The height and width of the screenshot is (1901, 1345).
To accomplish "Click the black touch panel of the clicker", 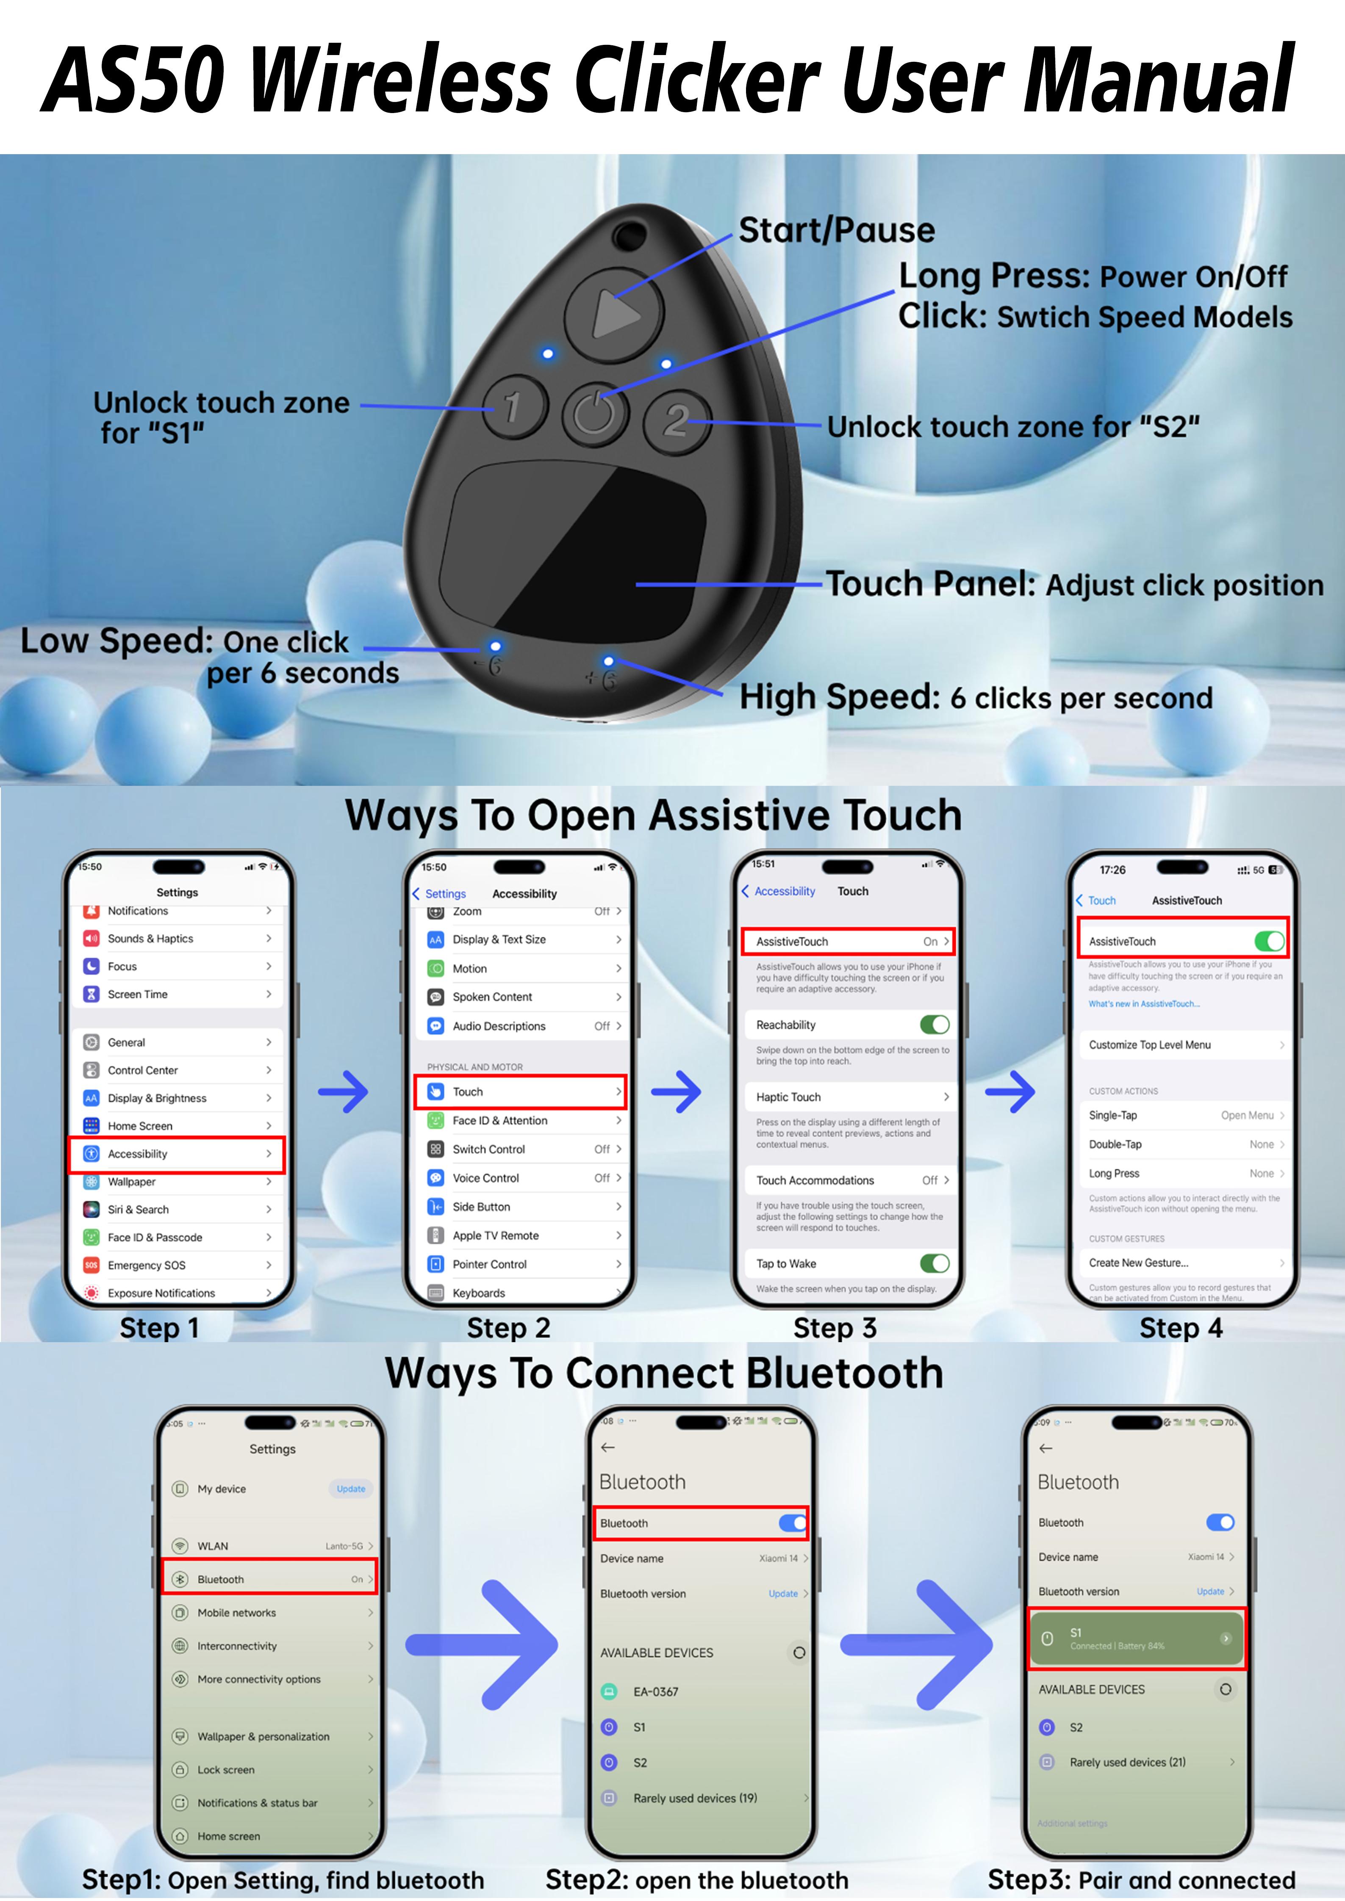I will (571, 547).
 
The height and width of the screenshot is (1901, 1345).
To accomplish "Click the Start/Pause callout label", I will (837, 230).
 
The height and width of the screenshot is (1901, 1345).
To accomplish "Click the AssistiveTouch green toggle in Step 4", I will (1268, 941).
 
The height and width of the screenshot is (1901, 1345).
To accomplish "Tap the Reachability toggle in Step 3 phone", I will (934, 1025).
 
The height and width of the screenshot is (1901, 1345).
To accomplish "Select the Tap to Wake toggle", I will (934, 1263).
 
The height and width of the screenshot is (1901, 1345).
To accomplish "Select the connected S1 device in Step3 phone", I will (1136, 1639).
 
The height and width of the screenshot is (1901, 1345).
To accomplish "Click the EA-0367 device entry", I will (656, 1691).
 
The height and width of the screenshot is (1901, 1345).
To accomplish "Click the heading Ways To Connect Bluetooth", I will (664, 1373).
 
